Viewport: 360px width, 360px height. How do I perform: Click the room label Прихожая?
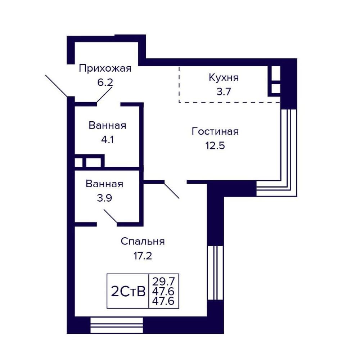click(105, 68)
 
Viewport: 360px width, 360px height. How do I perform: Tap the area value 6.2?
click(105, 82)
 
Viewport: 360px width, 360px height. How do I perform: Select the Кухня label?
click(224, 78)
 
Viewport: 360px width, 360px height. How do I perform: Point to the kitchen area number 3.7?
click(224, 91)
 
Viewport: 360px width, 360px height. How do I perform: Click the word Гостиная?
click(215, 131)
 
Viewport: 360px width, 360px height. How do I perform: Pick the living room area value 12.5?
click(215, 145)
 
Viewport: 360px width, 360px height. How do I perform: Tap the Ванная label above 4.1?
click(107, 126)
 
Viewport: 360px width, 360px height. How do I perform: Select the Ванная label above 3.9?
click(104, 184)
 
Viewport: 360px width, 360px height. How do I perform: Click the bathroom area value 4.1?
click(107, 140)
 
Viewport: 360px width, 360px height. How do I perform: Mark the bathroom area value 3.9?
click(104, 198)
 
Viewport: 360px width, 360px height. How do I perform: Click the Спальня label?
click(143, 242)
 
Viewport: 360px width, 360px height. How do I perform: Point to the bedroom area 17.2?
click(143, 256)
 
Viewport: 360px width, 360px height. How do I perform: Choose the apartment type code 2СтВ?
click(128, 292)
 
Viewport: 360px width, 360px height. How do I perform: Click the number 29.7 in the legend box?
click(163, 281)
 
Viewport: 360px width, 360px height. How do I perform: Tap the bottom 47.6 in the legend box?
click(163, 301)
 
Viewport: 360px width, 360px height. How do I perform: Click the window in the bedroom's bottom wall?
click(117, 325)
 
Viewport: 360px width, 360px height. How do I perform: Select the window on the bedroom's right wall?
click(215, 273)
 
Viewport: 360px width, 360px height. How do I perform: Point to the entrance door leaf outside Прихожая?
click(57, 86)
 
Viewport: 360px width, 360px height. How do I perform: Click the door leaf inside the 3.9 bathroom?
click(111, 216)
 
